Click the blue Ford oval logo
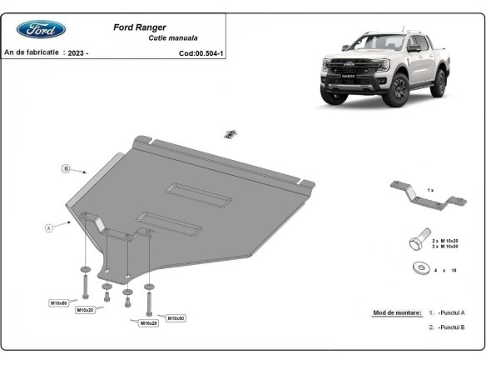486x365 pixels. tap(41, 29)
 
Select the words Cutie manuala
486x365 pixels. tap(172, 38)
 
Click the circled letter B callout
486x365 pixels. tap(66, 169)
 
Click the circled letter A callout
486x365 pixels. tap(49, 226)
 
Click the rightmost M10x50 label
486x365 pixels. tap(176, 317)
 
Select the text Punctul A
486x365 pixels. tap(452, 312)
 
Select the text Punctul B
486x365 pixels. tap(452, 327)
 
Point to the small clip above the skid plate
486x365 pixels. tap(232, 133)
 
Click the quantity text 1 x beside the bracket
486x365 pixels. tap(430, 190)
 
